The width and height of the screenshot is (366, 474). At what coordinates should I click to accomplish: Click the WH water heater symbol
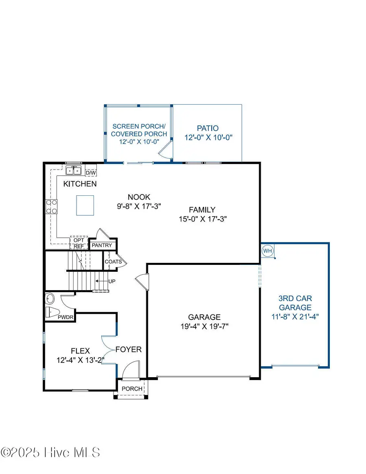268,251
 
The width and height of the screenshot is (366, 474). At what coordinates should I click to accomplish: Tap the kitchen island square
85,205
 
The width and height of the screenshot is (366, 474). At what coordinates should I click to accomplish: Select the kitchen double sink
74,170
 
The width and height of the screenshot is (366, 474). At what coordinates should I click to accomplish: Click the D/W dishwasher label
91,173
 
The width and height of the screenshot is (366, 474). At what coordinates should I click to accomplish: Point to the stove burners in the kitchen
51,207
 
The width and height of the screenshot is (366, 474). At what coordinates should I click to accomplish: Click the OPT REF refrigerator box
79,243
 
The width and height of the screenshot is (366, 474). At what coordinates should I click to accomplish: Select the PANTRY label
102,245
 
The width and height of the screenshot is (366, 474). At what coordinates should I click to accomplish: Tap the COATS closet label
113,262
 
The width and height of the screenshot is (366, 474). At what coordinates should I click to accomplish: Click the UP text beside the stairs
112,282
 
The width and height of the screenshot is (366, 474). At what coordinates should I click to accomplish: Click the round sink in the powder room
50,299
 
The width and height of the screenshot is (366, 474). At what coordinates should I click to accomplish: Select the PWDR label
65,317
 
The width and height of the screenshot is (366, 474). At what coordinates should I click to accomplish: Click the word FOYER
129,349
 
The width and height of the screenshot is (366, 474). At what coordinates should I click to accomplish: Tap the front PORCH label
132,389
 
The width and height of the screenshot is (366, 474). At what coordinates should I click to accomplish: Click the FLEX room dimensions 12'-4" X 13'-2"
81,360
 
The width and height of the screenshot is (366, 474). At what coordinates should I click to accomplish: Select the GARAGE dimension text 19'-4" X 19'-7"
205,326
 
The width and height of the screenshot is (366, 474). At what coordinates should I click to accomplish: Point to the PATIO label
208,129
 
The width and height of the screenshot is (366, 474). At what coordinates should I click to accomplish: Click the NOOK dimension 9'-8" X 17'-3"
139,206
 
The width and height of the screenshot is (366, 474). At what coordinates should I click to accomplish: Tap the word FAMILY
202,210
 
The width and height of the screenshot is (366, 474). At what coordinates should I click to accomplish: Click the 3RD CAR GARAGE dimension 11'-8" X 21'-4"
295,317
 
